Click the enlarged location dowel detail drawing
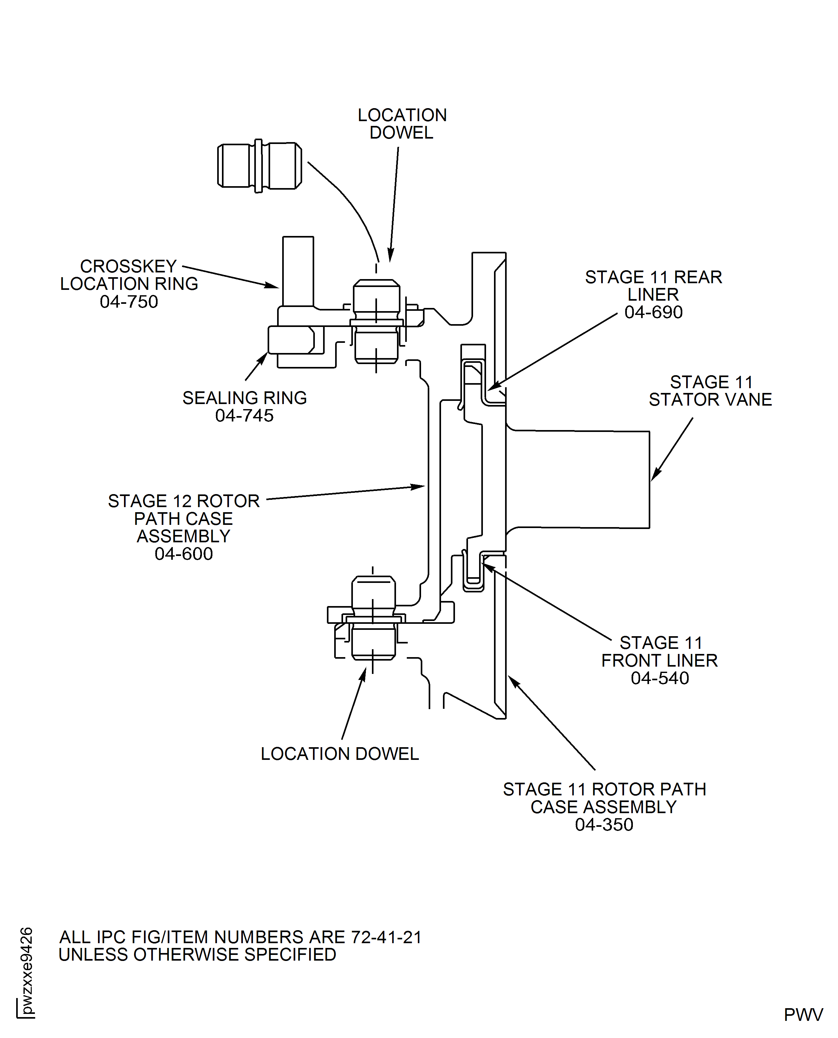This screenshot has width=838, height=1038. click(260, 166)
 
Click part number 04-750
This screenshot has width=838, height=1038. click(129, 302)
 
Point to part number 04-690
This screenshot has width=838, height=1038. click(653, 312)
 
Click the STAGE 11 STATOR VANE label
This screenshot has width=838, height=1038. click(710, 391)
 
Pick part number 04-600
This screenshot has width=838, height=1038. click(184, 554)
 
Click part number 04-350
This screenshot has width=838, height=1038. click(604, 825)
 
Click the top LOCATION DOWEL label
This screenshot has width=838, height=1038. click(402, 124)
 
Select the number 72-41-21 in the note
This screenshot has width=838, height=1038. click(386, 937)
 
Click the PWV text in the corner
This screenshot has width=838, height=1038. click(803, 1015)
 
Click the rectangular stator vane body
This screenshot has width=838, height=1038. click(579, 480)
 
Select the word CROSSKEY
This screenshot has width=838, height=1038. click(128, 266)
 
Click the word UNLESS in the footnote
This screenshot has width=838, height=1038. click(94, 955)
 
